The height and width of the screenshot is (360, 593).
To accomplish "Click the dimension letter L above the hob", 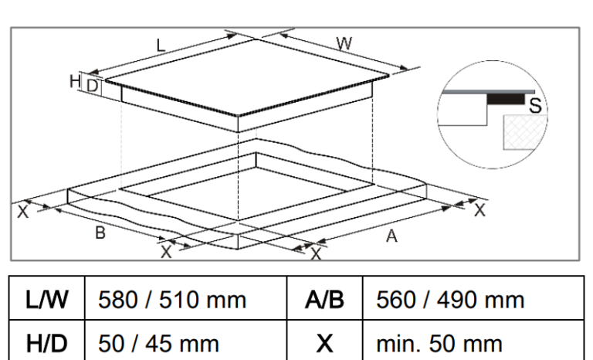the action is pos(161,46).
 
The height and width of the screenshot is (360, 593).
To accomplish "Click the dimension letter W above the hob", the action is pos(344,44).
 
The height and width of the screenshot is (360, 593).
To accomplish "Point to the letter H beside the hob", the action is pos(75,81).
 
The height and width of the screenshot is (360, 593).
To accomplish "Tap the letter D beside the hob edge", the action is pos(93,87).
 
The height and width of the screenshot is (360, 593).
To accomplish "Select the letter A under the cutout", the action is pos(391,236).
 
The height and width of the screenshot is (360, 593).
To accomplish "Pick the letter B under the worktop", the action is pos(100,233).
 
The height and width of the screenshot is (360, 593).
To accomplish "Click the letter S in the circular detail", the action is pos(536,106).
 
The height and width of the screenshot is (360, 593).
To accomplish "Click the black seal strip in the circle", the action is pos(506,99).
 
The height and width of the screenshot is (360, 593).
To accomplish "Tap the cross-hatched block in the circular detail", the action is pos(525,132).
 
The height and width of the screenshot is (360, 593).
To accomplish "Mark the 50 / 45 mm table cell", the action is pos(185,341).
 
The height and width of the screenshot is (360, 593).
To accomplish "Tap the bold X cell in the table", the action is pos(324,341).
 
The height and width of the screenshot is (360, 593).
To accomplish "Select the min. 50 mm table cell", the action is pos(473,341).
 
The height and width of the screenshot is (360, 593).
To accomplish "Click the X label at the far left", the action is pos(22,211).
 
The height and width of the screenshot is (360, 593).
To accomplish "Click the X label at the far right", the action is pos(479,209).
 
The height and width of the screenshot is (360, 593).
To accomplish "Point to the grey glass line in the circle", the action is pos(489,92).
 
